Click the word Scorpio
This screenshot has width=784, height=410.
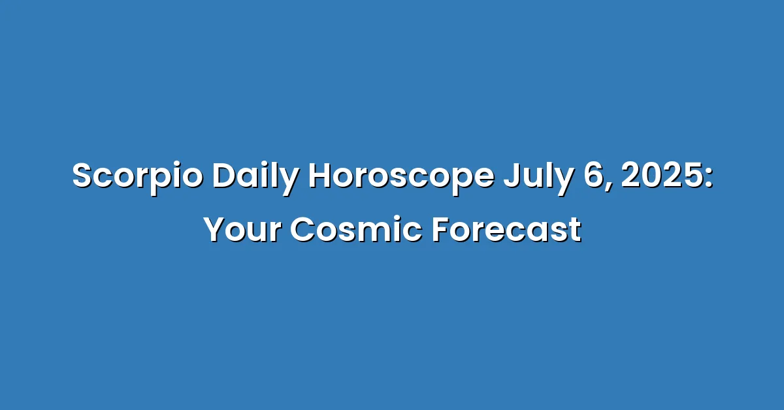[138, 177]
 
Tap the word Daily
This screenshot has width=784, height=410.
[255, 177]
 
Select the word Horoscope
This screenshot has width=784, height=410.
[401, 177]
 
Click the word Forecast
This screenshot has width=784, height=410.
[507, 230]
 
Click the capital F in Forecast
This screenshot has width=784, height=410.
[442, 230]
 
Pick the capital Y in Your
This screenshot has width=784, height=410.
[218, 230]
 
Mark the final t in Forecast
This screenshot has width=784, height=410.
[574, 231]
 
